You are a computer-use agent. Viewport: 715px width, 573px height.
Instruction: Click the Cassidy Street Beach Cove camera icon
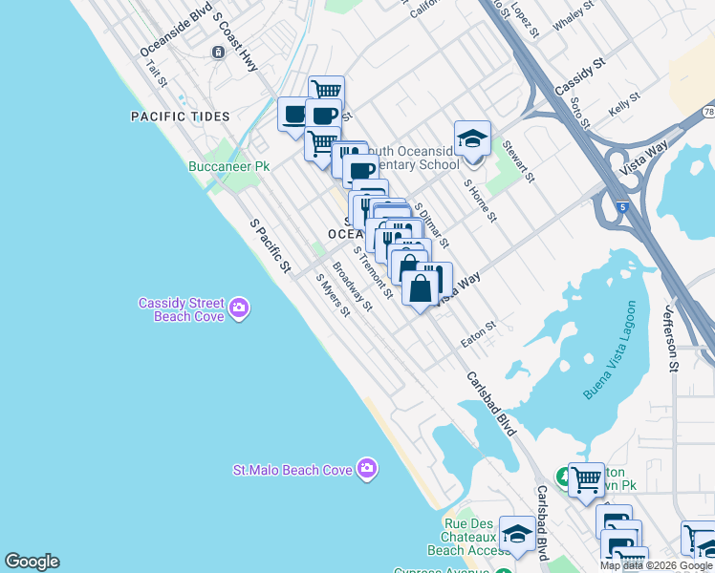239,308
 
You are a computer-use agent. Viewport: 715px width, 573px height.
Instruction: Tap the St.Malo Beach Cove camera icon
366,468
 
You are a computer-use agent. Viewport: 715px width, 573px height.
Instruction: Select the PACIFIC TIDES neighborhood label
181,117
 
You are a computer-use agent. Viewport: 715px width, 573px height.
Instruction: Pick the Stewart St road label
515,162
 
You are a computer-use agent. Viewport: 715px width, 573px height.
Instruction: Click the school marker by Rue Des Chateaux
517,535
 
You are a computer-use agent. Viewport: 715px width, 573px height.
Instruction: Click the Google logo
32,562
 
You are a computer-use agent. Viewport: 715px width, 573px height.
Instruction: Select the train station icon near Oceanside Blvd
219,52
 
